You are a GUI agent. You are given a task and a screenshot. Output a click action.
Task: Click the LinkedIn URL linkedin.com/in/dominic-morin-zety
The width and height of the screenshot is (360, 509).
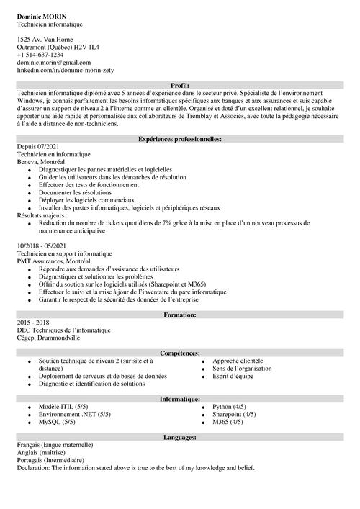tap(65, 71)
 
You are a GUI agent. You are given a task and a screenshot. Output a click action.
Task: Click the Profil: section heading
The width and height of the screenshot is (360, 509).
tap(180, 85)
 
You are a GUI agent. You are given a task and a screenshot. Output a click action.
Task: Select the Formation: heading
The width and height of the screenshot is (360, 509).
tap(180, 315)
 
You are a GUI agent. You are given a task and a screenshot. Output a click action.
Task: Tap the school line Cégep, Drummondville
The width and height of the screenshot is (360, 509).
tap(48, 338)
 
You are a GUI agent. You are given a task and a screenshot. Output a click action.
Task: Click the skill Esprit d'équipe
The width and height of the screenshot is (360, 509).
tap(232, 376)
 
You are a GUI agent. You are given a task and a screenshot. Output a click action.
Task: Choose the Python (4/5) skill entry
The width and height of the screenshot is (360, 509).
tap(230, 407)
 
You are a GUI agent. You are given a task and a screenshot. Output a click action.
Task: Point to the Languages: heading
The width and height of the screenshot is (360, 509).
tap(180, 437)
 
